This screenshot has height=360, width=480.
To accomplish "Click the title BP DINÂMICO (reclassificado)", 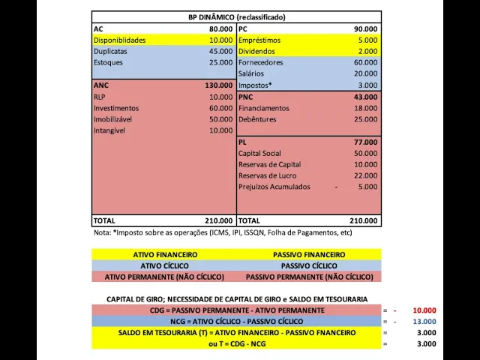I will pyautogui.click(x=236, y=17).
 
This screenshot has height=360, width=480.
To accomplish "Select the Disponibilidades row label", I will pyautogui.click(x=119, y=40).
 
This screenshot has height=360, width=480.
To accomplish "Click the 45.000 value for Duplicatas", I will pyautogui.click(x=220, y=51).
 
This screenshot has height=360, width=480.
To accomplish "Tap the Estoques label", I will pyautogui.click(x=108, y=62).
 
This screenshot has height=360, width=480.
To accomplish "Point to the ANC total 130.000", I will pyautogui.click(x=218, y=85).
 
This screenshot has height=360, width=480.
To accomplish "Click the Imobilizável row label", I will pyautogui.click(x=114, y=119).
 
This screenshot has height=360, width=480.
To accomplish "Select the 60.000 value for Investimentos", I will pyautogui.click(x=220, y=108).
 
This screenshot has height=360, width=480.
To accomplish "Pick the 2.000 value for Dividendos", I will pyautogui.click(x=367, y=51).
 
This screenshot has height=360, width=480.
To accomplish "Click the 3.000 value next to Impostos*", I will pyautogui.click(x=367, y=85).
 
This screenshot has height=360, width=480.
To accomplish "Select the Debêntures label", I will pyautogui.click(x=257, y=119).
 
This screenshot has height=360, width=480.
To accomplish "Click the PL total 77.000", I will pyautogui.click(x=365, y=142).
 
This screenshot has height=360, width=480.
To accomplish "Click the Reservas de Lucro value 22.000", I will pyautogui.click(x=365, y=175).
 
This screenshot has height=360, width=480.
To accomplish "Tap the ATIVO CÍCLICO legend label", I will pyautogui.click(x=165, y=265).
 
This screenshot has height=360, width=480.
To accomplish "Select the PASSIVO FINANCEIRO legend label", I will pyautogui.click(x=309, y=255).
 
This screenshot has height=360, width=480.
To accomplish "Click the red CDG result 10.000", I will pyautogui.click(x=424, y=310).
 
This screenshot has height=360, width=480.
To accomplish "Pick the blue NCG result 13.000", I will pyautogui.click(x=424, y=322).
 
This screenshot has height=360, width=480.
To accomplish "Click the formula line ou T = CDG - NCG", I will pyautogui.click(x=236, y=343).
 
